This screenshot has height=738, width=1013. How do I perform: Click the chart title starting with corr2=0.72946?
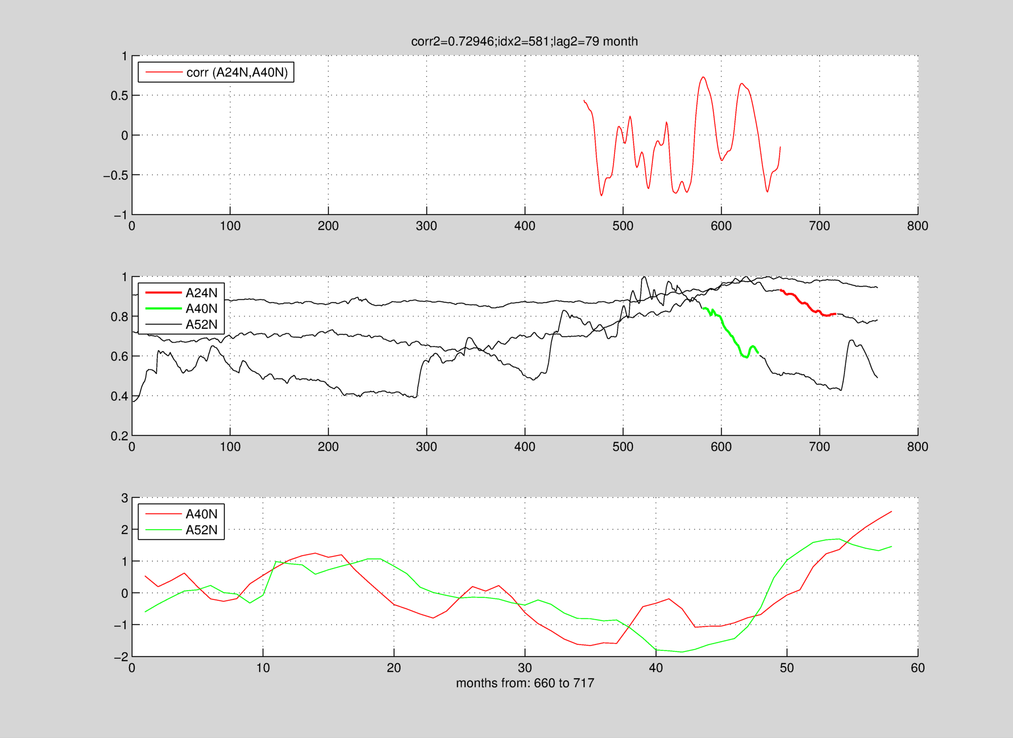pos(524,41)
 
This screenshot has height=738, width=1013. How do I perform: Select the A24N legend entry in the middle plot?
pos(201,293)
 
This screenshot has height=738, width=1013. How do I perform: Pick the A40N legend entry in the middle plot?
pos(201,309)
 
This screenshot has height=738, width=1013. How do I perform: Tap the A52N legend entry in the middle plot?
pos(201,324)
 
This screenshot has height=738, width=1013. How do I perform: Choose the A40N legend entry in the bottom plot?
pos(201,514)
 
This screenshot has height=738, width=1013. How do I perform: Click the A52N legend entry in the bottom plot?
pos(201,530)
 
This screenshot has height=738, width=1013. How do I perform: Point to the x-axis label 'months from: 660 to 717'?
pos(525,683)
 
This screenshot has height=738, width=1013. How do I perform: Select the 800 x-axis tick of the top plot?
pos(917,226)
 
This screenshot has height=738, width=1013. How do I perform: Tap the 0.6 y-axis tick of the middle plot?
pos(119,357)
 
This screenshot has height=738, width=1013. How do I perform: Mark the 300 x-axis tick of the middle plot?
pos(426,447)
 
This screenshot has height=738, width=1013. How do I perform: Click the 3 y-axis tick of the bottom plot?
pos(124,498)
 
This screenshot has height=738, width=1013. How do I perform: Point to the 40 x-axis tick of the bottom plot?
pos(656,668)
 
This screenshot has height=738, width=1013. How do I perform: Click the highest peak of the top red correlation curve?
pos(703,77)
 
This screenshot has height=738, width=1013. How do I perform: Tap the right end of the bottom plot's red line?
pos(891,511)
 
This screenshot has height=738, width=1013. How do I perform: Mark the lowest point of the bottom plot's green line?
pos(682,652)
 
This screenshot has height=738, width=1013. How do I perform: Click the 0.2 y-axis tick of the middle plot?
pos(119,436)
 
